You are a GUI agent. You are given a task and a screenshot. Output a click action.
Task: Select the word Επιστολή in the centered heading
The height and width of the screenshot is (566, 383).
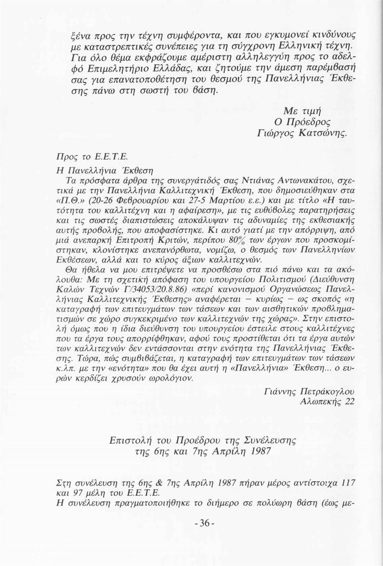127,440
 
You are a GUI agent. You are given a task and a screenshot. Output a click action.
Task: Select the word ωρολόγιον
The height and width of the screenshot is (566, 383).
173,378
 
